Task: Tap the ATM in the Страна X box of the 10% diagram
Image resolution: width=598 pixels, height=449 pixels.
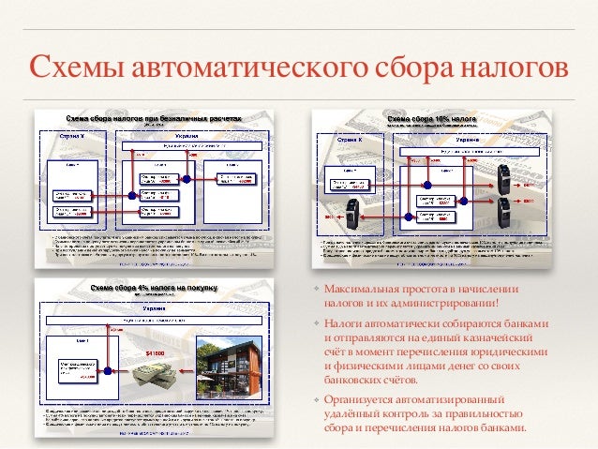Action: [x=352, y=207]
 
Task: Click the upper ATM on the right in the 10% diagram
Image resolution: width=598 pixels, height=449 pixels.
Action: [x=504, y=174]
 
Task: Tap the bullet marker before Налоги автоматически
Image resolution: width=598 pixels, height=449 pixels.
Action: [x=316, y=324]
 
